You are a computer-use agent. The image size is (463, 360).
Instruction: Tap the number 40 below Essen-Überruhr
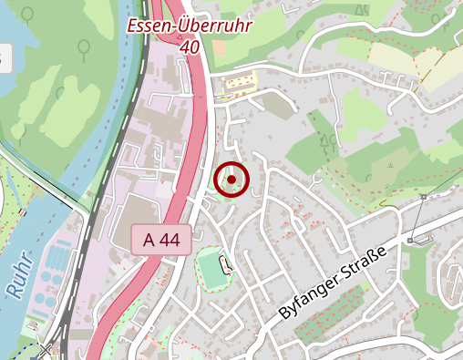[190, 46]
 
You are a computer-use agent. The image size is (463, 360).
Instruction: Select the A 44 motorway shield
[160, 240]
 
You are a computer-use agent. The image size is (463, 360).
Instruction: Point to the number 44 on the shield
[170, 240]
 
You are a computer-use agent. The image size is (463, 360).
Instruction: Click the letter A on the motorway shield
[149, 240]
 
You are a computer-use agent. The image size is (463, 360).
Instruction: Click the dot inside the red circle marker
[231, 180]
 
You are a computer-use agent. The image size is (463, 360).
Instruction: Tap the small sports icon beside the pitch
[226, 264]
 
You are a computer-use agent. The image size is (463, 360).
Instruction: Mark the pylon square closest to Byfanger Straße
[411, 240]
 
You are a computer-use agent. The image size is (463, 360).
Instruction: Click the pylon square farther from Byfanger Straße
[425, 197]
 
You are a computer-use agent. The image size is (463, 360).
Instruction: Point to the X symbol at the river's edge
[46, 349]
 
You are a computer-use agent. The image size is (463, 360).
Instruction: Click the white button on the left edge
[4, 60]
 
